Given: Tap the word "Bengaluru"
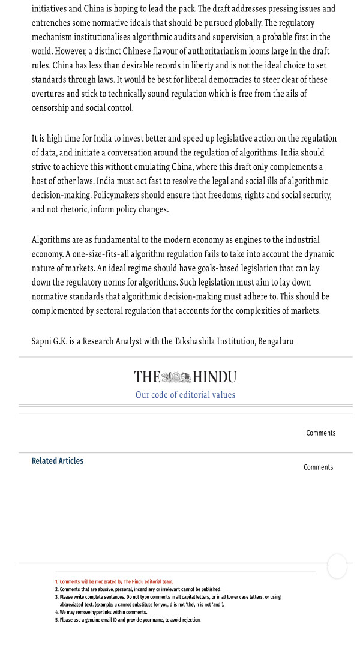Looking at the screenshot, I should pyautogui.click(x=276, y=341).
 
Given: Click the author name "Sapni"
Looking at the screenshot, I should pyautogui.click(x=43, y=341).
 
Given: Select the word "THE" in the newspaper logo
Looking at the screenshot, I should pyautogui.click(x=147, y=377).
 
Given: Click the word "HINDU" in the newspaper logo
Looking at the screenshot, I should pyautogui.click(x=214, y=377).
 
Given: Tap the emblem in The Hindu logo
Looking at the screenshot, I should pyautogui.click(x=176, y=377).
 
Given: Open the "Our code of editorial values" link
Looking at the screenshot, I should pyautogui.click(x=185, y=395).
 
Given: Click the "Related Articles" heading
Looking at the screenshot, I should pyautogui.click(x=58, y=461).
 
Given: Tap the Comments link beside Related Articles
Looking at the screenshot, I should pyautogui.click(x=318, y=467).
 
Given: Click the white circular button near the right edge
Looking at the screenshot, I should pyautogui.click(x=337, y=566).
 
